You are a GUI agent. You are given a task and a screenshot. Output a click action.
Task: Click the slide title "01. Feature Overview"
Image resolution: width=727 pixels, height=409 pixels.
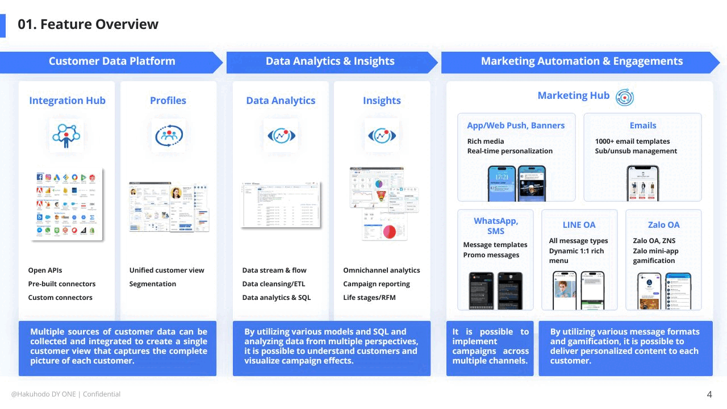[88, 24]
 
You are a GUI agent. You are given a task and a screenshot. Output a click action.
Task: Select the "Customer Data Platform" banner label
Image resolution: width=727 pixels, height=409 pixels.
[112, 61]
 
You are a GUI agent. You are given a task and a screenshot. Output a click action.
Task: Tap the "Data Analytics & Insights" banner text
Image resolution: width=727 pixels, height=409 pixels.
[330, 61]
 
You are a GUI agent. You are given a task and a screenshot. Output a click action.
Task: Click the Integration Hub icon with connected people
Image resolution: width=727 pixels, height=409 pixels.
[66, 135]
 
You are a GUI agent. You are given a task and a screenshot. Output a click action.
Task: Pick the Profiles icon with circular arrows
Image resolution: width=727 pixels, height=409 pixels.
[168, 135]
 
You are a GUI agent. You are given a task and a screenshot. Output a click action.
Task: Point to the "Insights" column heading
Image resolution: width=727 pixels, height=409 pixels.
[382, 101]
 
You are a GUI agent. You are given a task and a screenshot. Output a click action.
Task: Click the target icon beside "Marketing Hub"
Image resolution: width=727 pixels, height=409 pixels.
[625, 97]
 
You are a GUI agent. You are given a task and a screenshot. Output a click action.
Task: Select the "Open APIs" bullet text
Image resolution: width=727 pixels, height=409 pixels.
[45, 270]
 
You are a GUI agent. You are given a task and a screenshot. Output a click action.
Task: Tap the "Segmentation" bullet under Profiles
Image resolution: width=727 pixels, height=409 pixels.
[153, 284]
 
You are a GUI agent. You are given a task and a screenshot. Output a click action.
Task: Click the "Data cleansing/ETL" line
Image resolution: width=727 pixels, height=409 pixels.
[274, 284]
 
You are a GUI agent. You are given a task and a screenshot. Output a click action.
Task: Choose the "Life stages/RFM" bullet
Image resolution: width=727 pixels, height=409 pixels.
[369, 298]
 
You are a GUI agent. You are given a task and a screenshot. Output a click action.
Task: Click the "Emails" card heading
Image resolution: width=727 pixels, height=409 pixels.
[643, 126]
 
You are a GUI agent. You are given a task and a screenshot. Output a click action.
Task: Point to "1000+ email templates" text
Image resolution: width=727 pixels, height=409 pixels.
[632, 141]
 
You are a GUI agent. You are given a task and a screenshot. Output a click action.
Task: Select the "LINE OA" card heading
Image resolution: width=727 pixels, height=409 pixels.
[579, 225]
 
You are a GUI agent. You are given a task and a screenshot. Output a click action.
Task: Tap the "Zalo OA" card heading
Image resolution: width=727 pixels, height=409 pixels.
[663, 225]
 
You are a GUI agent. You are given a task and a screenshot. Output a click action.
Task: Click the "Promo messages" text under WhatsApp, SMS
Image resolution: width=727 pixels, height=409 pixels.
[491, 255]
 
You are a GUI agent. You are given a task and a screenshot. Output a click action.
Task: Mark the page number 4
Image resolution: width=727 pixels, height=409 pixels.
[709, 394]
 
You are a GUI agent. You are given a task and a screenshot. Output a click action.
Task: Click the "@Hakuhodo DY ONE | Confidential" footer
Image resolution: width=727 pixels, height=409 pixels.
[66, 394]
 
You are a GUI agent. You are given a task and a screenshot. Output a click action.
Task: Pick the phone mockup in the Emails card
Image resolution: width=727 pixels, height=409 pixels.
[643, 183]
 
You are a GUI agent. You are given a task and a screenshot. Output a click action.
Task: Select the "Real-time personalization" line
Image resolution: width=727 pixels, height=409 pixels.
[510, 151]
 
